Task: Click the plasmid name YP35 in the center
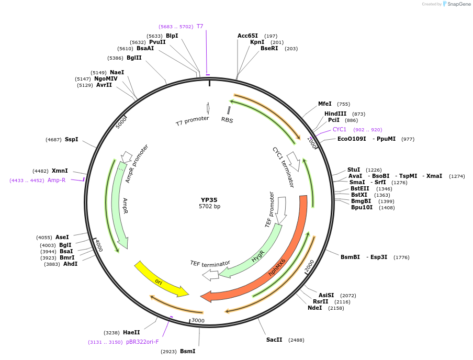pos(209,199)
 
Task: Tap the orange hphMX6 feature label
pos(277,266)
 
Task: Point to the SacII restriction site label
pos(274,340)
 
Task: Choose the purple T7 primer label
pos(200,26)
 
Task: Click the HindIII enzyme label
pos(335,114)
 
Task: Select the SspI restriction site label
pos(71,139)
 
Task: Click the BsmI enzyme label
pos(187,351)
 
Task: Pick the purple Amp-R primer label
pos(57,180)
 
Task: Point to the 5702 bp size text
pos(209,207)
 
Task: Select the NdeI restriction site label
pos(315,308)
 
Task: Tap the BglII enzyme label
pos(134,58)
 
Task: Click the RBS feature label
pos(227,120)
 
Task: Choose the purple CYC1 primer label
pos(340,129)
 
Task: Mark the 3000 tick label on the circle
pos(197,320)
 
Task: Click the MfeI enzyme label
pos(325,104)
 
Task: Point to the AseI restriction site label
pos(62,237)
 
